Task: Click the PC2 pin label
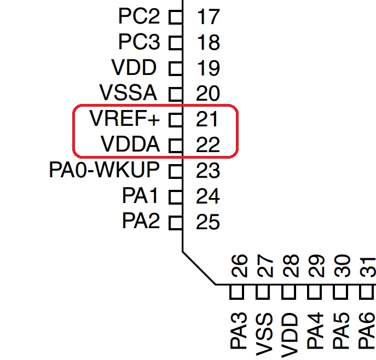pyautogui.click(x=139, y=16)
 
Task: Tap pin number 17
pyautogui.click(x=209, y=16)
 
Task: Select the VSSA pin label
pyautogui.click(x=128, y=92)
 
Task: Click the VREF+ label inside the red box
pyautogui.click(x=124, y=118)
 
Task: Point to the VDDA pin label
pyautogui.click(x=130, y=144)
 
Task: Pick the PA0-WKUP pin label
pyautogui.click(x=105, y=170)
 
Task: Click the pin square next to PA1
pyautogui.click(x=176, y=197)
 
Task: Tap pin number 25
pyautogui.click(x=208, y=222)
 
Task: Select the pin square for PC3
pyautogui.click(x=176, y=43)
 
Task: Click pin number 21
pyautogui.click(x=207, y=119)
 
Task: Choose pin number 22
pyautogui.click(x=208, y=144)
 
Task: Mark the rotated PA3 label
pyautogui.click(x=239, y=330)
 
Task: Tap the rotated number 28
pyautogui.click(x=291, y=266)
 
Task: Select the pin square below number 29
pyautogui.click(x=314, y=292)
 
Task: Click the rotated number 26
pyautogui.click(x=239, y=266)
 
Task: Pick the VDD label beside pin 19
pyautogui.click(x=134, y=67)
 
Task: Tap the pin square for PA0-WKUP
pyautogui.click(x=176, y=171)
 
